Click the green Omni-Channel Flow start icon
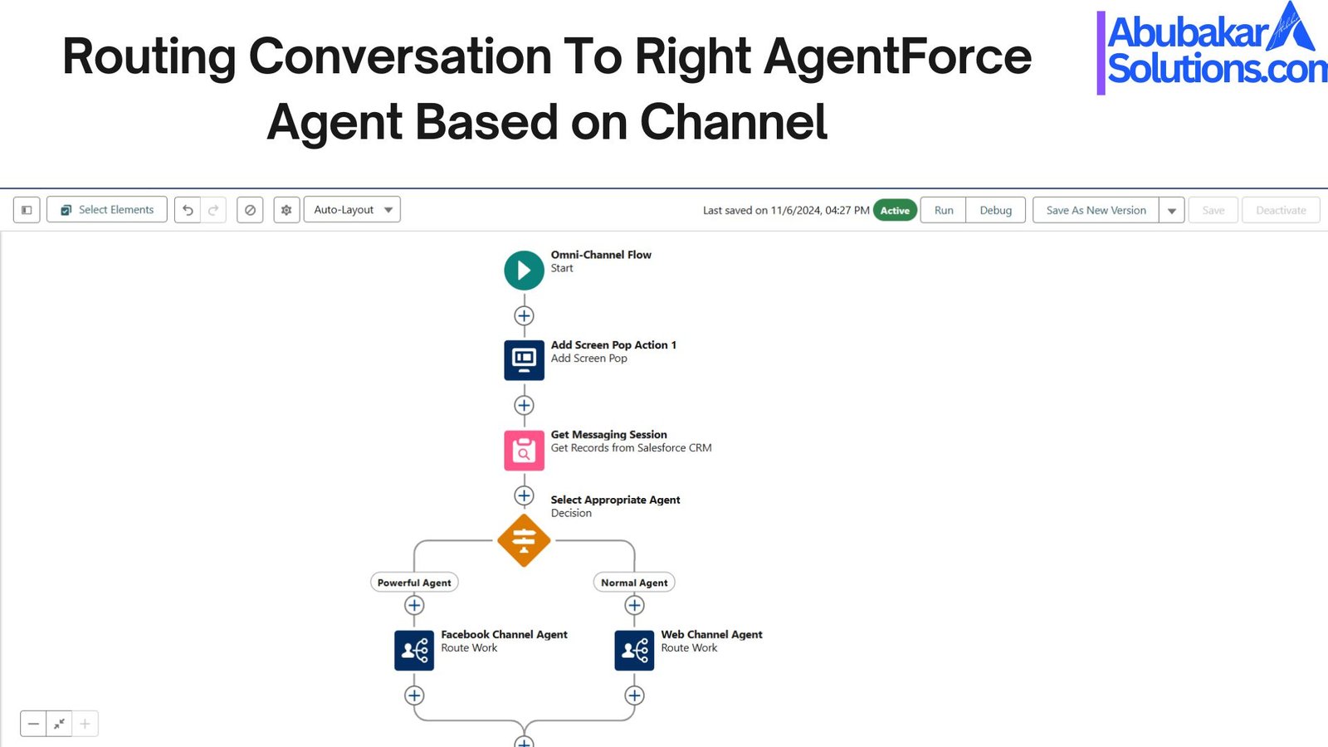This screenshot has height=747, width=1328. tap(524, 271)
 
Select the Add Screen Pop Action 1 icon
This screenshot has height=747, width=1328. tap(524, 360)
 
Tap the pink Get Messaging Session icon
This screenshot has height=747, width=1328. tap(524, 450)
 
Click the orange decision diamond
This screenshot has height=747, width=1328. tap(524, 540)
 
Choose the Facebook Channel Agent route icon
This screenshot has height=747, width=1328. tap(414, 651)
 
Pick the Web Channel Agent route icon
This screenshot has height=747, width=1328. tap(634, 651)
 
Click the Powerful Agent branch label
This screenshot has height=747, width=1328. tap(414, 583)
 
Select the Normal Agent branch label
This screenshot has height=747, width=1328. tap(634, 583)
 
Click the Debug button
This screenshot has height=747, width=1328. tap(995, 210)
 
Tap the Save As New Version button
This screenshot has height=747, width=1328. tap(1096, 210)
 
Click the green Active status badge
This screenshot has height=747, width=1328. tap(895, 211)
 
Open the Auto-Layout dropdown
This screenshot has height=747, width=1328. tap(352, 209)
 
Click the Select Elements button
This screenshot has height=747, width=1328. tap(107, 209)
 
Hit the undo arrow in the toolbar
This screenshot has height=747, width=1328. tap(188, 210)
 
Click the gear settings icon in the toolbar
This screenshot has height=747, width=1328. tap(286, 210)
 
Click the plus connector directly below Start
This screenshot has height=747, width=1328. tap(524, 316)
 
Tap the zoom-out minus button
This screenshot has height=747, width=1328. tap(33, 723)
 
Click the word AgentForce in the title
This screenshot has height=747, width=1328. tap(897, 56)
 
